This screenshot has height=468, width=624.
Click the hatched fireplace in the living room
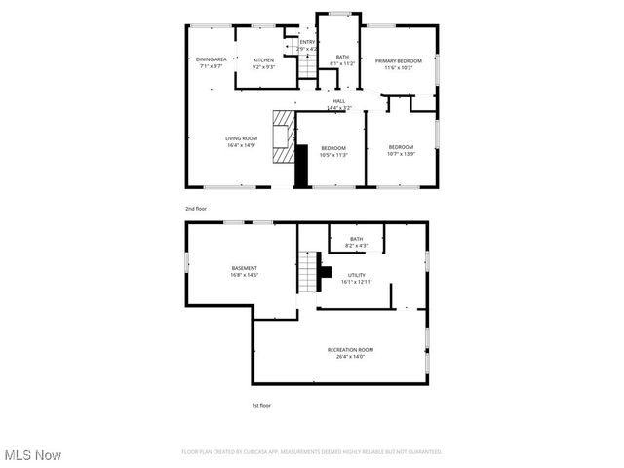click(x=283, y=136)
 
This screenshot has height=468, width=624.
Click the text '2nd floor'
click(x=196, y=209)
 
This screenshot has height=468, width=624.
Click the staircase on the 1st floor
click(x=308, y=272)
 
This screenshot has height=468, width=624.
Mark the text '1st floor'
click(x=261, y=404)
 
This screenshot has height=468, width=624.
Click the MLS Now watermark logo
click(x=32, y=455)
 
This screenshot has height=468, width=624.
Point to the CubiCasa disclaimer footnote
click(x=311, y=452)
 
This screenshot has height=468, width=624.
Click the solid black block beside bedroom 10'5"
click(x=302, y=166)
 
